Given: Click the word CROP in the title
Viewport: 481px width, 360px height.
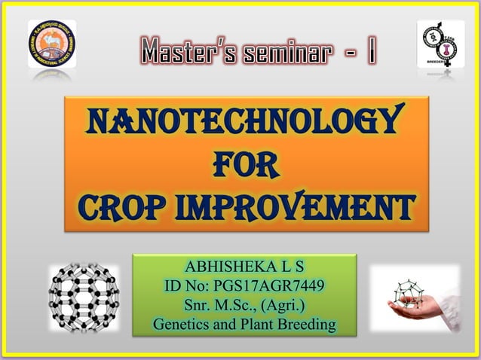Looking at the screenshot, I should click(124, 205).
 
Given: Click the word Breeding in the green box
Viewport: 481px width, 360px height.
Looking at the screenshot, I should click(305, 325).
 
